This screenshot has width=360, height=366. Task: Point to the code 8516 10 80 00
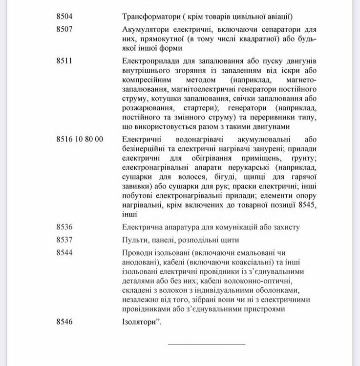80,139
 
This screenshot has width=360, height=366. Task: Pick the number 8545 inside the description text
305,205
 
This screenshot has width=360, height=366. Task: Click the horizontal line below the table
207,345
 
